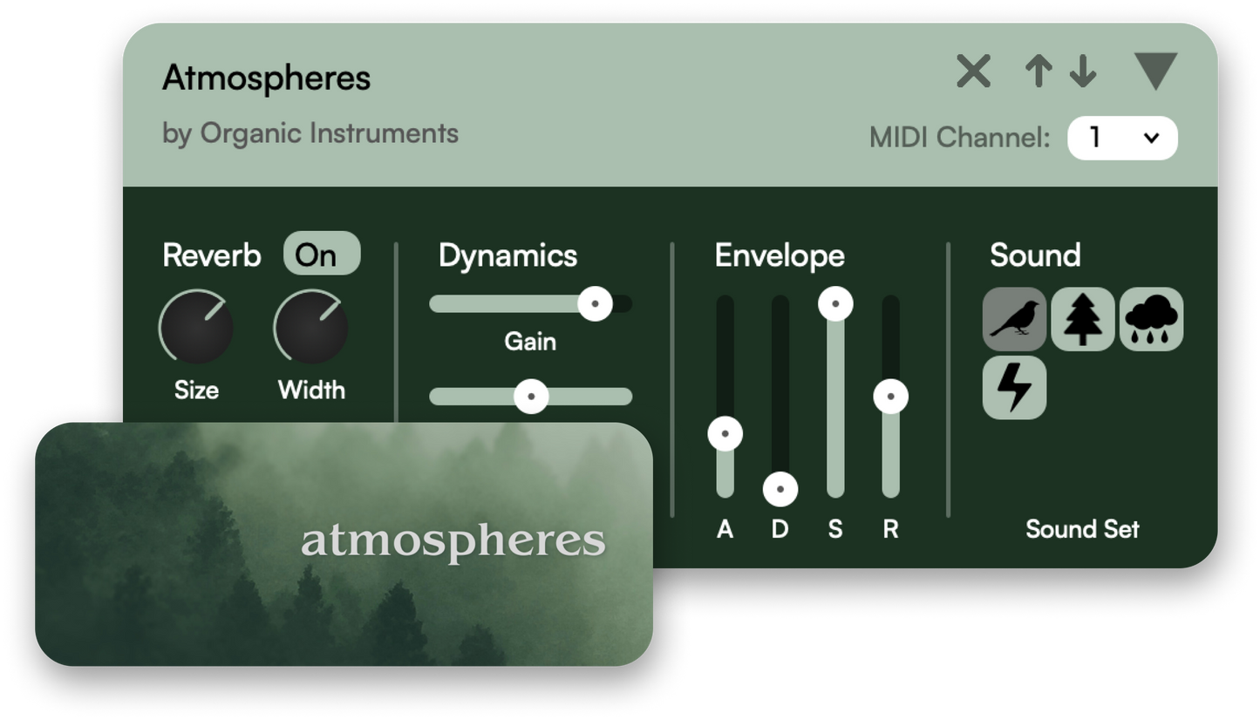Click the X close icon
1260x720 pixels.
click(974, 71)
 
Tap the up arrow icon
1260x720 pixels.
click(1039, 71)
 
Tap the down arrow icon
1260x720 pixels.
click(1083, 71)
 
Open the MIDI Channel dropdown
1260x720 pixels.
click(1122, 138)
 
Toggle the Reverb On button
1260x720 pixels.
click(322, 254)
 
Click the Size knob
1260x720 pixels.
click(196, 327)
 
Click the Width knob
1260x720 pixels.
click(311, 327)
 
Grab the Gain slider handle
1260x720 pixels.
click(595, 303)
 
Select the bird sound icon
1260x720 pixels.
click(1014, 320)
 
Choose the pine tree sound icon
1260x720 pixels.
click(1083, 320)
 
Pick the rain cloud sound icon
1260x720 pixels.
click(1151, 320)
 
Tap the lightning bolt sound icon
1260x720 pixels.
click(1014, 388)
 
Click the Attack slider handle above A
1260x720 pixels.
click(725, 434)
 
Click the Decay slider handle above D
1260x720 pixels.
click(780, 489)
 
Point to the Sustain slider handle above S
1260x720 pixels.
click(835, 303)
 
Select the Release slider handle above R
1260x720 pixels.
click(890, 397)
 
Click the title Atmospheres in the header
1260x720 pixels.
click(267, 78)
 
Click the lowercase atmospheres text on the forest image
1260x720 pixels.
click(453, 541)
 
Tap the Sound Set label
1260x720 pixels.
click(1082, 529)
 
